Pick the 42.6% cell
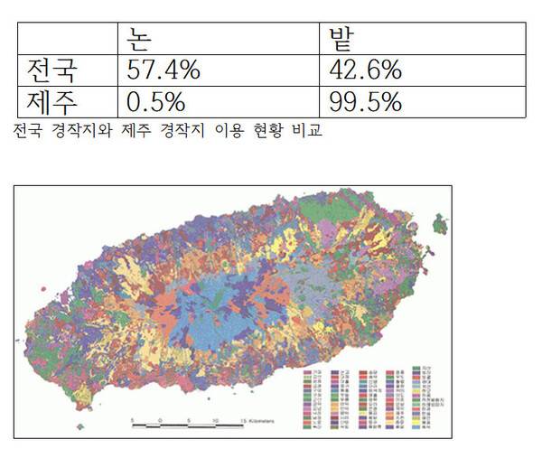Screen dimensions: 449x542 click(366, 70)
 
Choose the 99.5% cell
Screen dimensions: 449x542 click(366, 100)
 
